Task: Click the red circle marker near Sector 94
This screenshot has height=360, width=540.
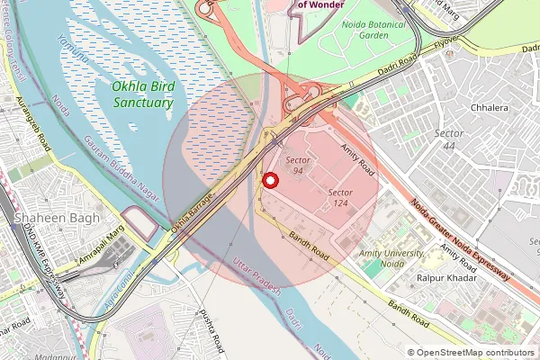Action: [x=269, y=180]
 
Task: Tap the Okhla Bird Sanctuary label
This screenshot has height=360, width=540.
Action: [x=142, y=95]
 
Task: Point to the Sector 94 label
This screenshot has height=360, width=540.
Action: [x=299, y=165]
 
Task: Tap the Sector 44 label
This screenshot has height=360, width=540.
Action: [x=449, y=139]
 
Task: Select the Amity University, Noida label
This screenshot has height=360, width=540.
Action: [x=391, y=259]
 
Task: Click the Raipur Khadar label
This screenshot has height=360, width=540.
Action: [x=446, y=279]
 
